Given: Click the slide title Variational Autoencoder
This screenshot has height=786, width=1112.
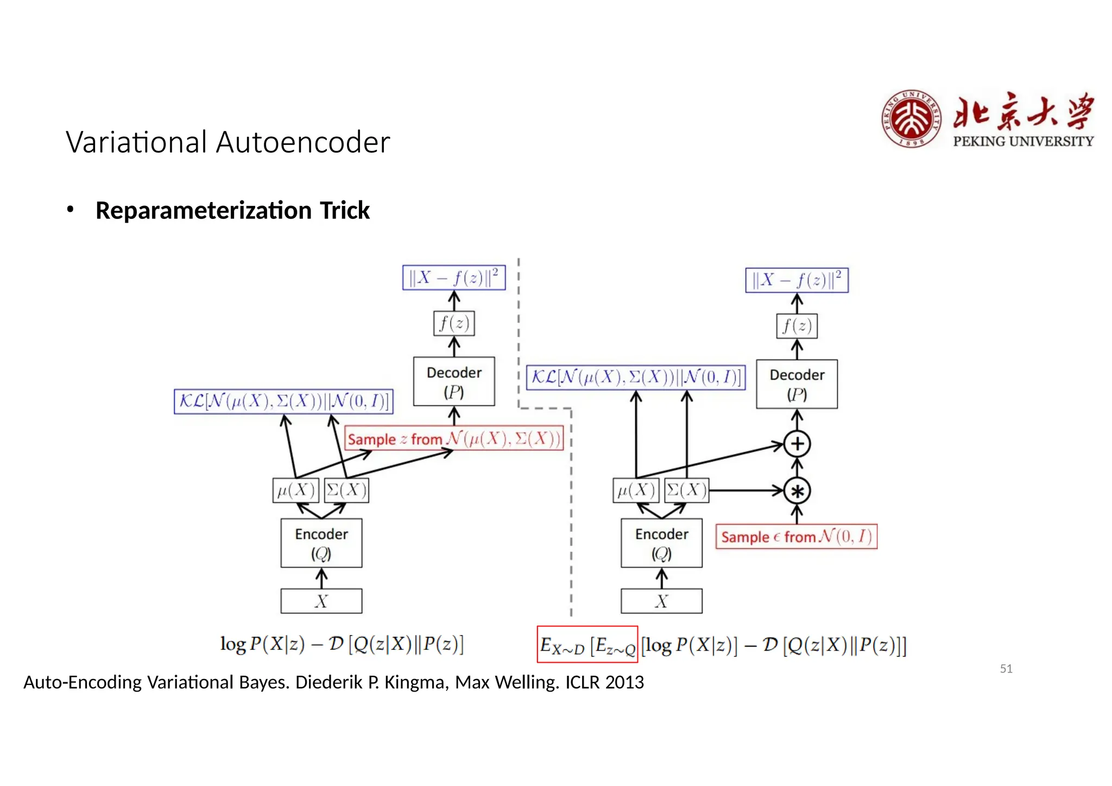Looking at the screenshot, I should tap(228, 142).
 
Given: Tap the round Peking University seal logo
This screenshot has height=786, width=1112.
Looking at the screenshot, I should tap(911, 119).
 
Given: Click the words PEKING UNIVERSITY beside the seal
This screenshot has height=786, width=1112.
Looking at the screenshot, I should tap(1023, 141).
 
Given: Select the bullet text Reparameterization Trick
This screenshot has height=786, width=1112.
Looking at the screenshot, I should tap(232, 210).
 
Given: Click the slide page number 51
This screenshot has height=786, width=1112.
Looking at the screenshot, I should tap(1006, 669).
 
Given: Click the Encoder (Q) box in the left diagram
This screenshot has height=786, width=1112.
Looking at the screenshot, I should tap(321, 543).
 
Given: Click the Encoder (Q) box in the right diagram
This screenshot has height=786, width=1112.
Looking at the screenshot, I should tap(661, 543).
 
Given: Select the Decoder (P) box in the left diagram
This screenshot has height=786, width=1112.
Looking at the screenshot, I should tap(454, 381).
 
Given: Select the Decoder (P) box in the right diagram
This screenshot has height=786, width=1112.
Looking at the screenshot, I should tap(797, 384).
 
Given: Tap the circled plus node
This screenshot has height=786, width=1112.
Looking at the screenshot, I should tap(797, 444).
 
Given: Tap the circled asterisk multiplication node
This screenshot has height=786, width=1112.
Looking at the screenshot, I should tap(797, 491).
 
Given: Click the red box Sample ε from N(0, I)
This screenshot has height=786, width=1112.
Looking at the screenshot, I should tap(796, 537).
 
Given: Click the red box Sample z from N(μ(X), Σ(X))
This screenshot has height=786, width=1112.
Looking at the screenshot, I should tap(454, 438).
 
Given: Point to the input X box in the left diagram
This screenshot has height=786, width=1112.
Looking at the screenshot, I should tap(321, 601).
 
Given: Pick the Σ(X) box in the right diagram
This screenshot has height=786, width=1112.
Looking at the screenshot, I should tap(686, 491).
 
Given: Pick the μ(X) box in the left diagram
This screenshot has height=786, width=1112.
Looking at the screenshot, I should tap(295, 491).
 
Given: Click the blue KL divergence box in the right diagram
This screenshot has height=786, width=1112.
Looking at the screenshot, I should tap(635, 377).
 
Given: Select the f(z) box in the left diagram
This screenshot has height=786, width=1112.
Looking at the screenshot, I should tap(454, 323).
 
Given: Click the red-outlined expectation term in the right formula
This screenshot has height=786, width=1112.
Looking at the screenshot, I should tap(587, 645).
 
